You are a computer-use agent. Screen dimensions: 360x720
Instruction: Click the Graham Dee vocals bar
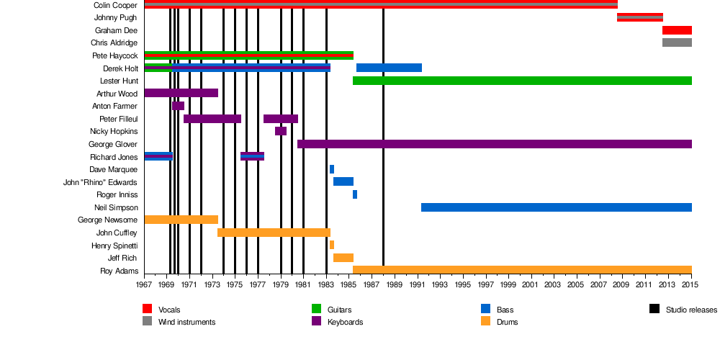click(677, 30)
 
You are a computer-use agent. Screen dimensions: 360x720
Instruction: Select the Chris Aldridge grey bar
click(677, 42)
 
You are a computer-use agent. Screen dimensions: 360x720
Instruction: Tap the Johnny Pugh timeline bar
click(639, 17)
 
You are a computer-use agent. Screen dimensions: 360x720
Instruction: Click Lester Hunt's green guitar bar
click(522, 81)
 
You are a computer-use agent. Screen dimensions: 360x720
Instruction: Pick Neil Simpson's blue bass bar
click(556, 207)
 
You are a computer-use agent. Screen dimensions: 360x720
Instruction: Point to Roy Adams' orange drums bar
click(522, 270)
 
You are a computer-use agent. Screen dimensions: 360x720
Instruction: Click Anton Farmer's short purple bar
click(178, 106)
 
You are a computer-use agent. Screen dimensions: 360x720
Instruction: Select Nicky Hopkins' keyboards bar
click(281, 131)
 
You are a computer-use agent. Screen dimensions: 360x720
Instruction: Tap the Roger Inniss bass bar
click(355, 194)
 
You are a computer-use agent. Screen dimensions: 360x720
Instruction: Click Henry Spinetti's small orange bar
click(332, 245)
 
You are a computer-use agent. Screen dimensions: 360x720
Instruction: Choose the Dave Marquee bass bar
click(332, 169)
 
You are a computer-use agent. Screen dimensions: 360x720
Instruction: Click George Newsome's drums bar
click(181, 220)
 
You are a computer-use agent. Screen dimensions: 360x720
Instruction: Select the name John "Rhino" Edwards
click(100, 182)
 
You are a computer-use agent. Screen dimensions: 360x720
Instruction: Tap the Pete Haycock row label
click(114, 55)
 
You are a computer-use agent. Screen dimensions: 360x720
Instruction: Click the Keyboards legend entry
click(345, 322)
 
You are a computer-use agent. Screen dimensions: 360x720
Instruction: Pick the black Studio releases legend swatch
click(654, 310)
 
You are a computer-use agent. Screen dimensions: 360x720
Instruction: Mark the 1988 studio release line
click(383, 144)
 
